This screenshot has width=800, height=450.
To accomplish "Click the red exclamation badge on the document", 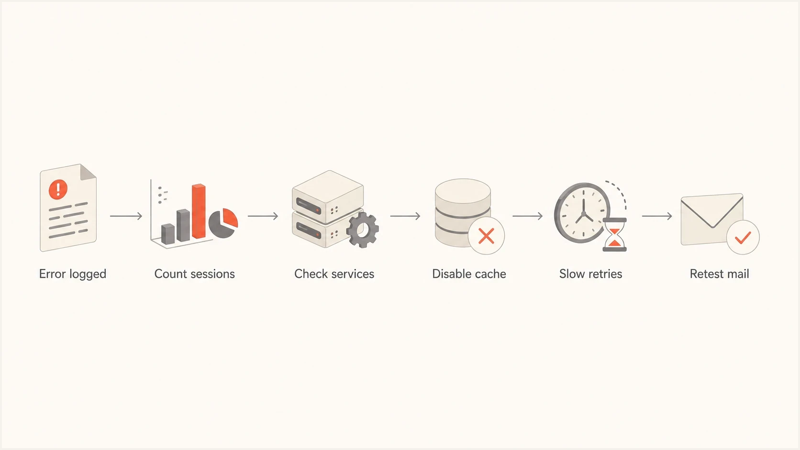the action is pyautogui.click(x=58, y=189).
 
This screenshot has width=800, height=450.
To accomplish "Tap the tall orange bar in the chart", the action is pyautogui.click(x=199, y=211).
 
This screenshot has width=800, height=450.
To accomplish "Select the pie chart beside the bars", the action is pyautogui.click(x=223, y=223).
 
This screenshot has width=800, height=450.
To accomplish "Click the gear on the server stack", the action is pyautogui.click(x=363, y=230).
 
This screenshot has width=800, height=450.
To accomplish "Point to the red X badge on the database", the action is pyautogui.click(x=486, y=236).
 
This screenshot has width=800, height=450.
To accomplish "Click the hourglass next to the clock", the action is pyautogui.click(x=615, y=235).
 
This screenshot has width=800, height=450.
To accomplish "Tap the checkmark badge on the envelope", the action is pyautogui.click(x=743, y=237).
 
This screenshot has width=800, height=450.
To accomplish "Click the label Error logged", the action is pyautogui.click(x=73, y=274).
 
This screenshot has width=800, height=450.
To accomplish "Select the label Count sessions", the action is pyautogui.click(x=195, y=274).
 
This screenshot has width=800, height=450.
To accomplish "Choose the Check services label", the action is pyautogui.click(x=334, y=274).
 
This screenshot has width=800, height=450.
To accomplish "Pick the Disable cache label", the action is pyautogui.click(x=469, y=274).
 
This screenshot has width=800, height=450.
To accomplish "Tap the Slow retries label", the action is pyautogui.click(x=591, y=274).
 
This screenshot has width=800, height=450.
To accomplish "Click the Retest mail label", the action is pyautogui.click(x=719, y=274).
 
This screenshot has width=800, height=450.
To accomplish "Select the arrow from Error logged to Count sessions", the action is pyautogui.click(x=126, y=216).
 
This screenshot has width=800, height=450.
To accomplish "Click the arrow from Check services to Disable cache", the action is pyautogui.click(x=405, y=216).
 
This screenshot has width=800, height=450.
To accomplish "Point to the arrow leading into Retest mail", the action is pyautogui.click(x=657, y=216).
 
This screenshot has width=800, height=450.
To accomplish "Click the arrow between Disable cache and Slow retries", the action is pyautogui.click(x=527, y=216).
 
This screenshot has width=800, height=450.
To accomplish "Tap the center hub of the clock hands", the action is pyautogui.click(x=584, y=214).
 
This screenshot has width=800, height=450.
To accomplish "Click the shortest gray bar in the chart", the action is pyautogui.click(x=168, y=234).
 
